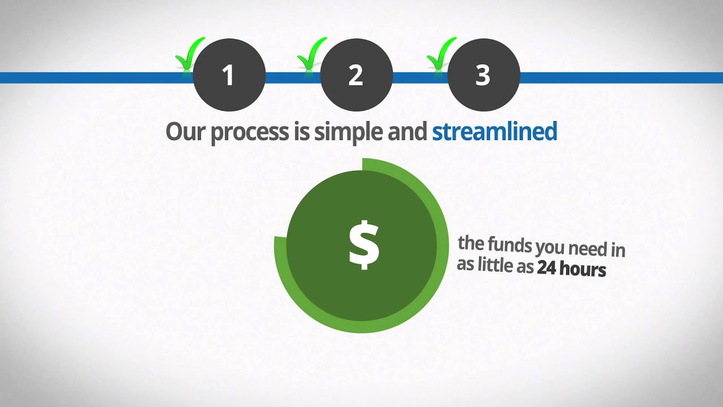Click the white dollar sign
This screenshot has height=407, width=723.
(x=363, y=245)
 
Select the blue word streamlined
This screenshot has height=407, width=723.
(x=494, y=132)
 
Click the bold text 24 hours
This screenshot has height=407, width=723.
(x=571, y=269)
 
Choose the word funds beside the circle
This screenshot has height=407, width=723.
(x=510, y=246)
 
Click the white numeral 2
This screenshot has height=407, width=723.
(x=356, y=76)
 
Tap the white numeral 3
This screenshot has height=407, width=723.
(x=483, y=76)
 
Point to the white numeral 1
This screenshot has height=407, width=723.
(x=228, y=76)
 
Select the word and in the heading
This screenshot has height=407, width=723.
(x=407, y=132)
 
